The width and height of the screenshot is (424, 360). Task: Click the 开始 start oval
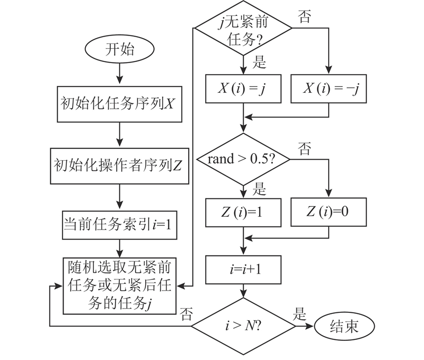(x=120, y=51)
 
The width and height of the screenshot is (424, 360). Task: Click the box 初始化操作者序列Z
(x=120, y=165)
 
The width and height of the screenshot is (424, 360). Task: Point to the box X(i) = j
(x=243, y=89)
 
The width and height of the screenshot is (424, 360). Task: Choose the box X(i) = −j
(x=329, y=89)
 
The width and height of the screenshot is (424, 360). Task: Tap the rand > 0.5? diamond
(x=243, y=159)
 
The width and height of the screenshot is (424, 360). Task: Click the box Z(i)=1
(x=243, y=212)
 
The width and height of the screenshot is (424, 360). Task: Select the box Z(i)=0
(x=329, y=212)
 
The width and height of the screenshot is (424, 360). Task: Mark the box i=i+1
(x=243, y=269)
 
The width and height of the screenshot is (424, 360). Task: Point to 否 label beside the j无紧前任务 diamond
(x=305, y=16)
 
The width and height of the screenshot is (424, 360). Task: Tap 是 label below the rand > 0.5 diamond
(x=259, y=188)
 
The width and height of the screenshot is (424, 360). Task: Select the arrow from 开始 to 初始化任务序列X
(x=120, y=74)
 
